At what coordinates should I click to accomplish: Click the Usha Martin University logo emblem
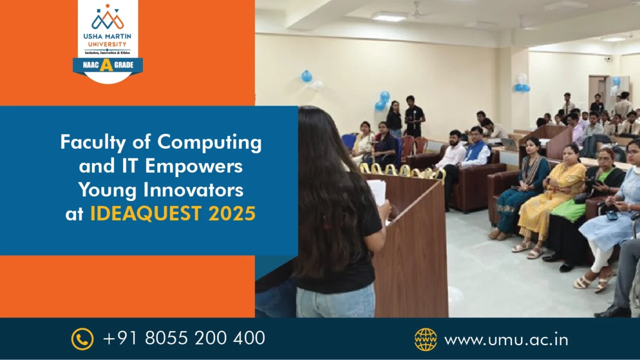108,19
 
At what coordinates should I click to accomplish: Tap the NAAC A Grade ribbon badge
108,65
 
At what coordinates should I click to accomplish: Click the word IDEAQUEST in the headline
147,213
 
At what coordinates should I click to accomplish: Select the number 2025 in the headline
232,213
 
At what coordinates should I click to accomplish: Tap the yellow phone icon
82,339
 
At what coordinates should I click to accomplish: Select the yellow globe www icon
426,339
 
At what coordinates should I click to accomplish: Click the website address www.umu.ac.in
506,339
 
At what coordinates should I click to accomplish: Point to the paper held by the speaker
377,191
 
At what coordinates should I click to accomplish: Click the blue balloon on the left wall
307,76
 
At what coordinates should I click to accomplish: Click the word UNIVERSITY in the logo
108,44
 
